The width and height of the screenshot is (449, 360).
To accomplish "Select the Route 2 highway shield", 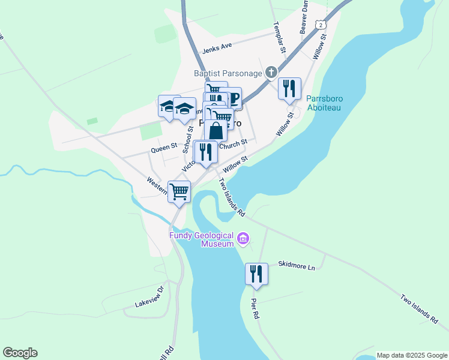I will click(322, 25).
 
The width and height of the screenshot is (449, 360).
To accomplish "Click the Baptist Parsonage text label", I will click(228, 73).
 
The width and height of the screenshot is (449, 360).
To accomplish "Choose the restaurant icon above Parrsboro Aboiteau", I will click(290, 89).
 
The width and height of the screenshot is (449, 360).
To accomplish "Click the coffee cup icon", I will click(231, 98).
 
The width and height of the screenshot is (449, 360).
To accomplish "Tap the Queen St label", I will click(164, 146).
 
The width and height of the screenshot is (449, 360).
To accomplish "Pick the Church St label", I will click(234, 145).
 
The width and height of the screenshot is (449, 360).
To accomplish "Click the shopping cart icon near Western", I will click(179, 192).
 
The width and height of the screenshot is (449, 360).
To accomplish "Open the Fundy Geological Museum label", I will click(201, 240).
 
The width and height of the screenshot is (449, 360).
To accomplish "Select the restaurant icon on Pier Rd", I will click(256, 274).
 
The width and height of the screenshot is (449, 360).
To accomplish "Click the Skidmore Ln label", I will click(297, 264).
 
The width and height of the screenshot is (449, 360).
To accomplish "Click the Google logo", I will click(20, 353).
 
